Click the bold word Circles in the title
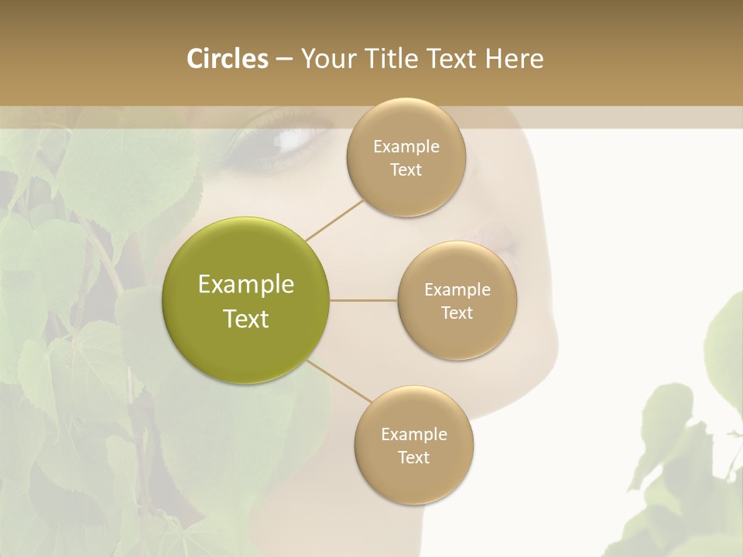point(227,59)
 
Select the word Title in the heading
point(389,59)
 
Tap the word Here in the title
point(514,59)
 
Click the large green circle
point(245,299)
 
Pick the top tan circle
point(406,157)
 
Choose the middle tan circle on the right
point(457,300)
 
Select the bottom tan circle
point(413,445)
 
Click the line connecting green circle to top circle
point(334,219)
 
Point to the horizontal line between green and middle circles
point(364,300)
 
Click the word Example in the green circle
point(246,284)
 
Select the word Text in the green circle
point(246,318)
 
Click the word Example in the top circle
point(406,146)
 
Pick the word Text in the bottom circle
point(413,457)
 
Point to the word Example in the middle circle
point(457,289)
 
